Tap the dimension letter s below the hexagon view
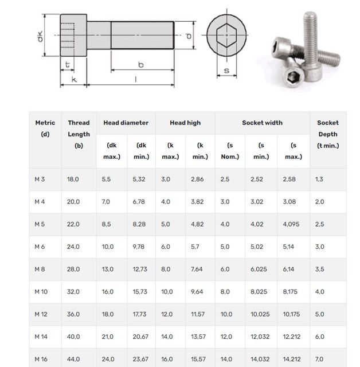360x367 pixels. (x=226, y=71)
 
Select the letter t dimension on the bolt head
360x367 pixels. (x=68, y=64)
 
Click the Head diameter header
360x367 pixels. (x=126, y=123)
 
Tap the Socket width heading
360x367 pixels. (x=261, y=123)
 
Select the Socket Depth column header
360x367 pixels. (x=328, y=134)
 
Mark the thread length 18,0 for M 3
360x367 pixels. (x=73, y=179)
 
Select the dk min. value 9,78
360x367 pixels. (x=139, y=247)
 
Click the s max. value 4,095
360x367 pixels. (x=291, y=224)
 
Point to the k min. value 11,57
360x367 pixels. (x=198, y=314)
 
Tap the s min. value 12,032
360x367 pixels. (x=261, y=337)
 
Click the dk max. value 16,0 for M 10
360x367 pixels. (x=108, y=292)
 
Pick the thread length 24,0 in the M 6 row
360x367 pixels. (x=73, y=247)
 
